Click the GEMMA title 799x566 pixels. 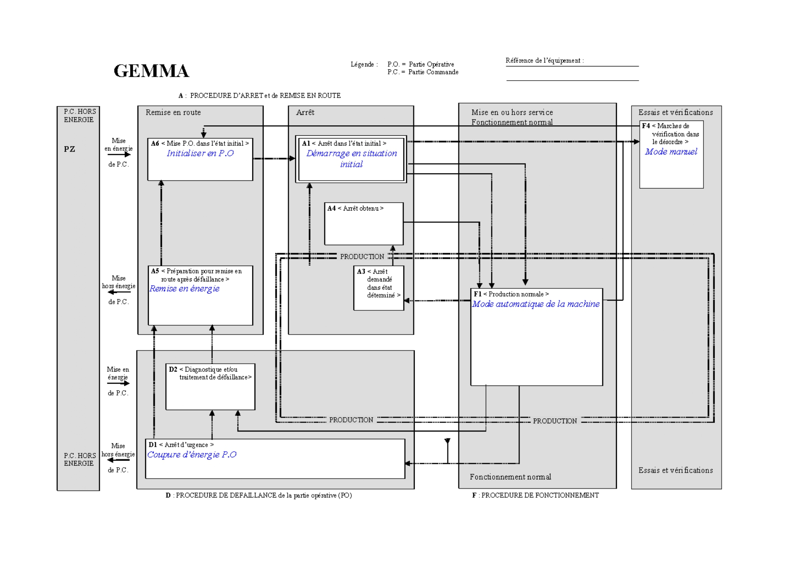(151, 71)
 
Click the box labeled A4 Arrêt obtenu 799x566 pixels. (363, 223)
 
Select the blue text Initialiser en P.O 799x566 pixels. (200, 154)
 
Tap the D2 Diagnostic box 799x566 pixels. (210, 386)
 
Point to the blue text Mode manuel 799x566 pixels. (671, 152)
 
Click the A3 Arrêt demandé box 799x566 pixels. (378, 288)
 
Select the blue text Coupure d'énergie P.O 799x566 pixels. (192, 455)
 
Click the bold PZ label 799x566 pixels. (69, 149)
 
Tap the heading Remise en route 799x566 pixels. (173, 113)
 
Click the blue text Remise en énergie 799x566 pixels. (184, 289)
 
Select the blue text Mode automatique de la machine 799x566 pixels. (535, 304)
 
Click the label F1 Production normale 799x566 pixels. (511, 294)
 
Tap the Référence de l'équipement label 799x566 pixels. (544, 61)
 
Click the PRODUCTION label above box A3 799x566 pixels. (362, 257)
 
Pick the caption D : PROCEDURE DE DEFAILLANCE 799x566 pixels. (259, 495)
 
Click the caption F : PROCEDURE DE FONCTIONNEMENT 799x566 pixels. (535, 495)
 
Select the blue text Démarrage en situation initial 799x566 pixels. (351, 159)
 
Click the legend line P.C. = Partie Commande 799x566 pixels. (422, 72)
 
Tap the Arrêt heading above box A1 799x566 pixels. (305, 113)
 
